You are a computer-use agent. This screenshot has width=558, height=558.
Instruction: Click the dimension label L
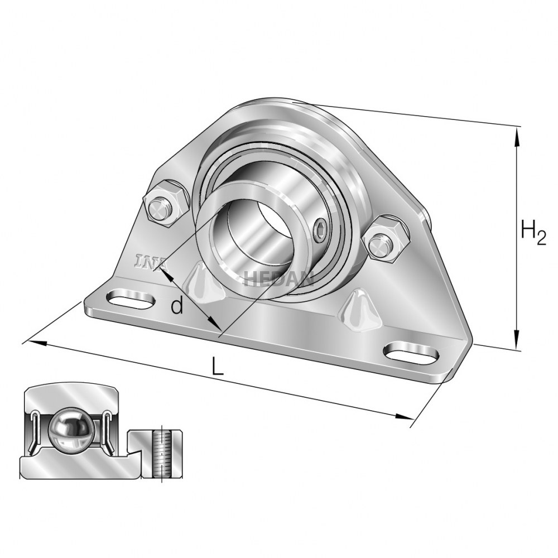(218, 366)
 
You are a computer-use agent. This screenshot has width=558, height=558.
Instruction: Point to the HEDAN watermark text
(279, 277)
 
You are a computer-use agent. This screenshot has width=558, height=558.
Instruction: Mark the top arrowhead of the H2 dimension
(518, 132)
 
